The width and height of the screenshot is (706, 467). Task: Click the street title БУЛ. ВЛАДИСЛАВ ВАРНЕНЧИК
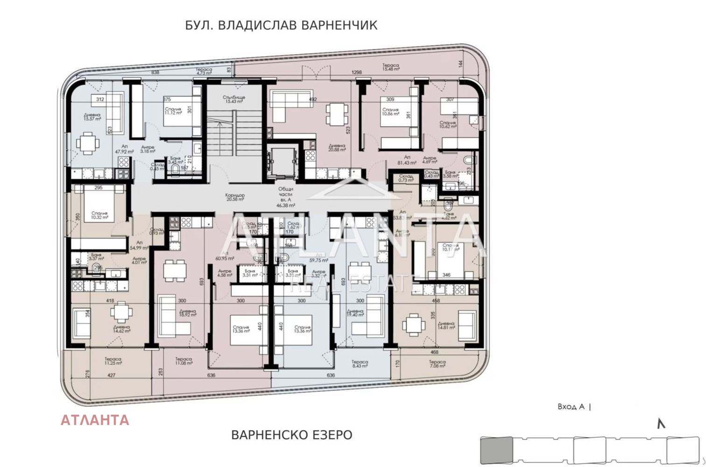point(281,25)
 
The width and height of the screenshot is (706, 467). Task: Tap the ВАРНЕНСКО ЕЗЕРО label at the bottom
point(292,435)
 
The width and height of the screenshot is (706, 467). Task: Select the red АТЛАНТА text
point(95,420)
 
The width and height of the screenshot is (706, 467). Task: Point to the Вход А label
point(571,407)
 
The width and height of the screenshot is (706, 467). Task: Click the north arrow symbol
point(661,424)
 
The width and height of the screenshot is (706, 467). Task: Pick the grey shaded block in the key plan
point(497,449)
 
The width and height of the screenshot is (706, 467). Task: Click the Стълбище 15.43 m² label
point(234,99)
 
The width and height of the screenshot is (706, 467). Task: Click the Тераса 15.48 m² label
point(391,67)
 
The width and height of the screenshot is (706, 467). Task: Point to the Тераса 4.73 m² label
point(204,71)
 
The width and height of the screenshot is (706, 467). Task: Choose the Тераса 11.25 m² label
point(113,361)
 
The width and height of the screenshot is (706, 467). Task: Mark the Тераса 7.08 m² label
point(437,364)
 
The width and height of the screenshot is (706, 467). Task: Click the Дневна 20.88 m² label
point(337,148)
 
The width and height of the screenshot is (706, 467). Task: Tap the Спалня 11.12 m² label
point(173,111)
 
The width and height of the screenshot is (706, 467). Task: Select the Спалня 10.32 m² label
point(99,215)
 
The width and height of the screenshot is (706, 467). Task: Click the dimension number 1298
point(356,72)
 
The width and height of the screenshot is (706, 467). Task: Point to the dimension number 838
point(155,72)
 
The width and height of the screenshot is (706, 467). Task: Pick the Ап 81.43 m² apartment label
point(407,160)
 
